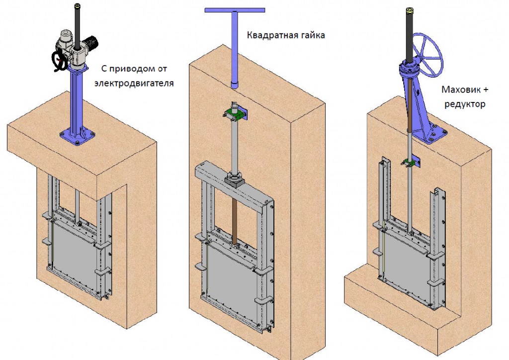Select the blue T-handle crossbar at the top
[x=234, y=10]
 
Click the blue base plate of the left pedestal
[x=78, y=136]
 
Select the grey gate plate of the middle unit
[x=231, y=276]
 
